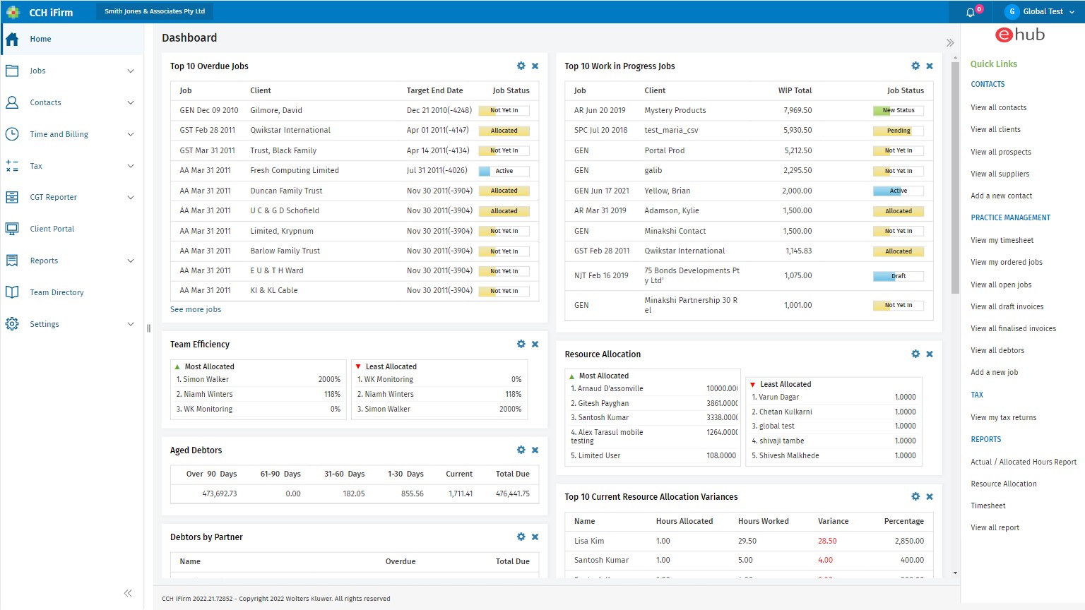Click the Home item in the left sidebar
[40, 39]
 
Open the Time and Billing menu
[59, 134]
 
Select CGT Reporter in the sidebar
[53, 197]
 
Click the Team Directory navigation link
[57, 292]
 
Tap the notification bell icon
[971, 12]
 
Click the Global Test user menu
[1042, 11]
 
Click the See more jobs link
[196, 309]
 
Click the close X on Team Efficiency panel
[535, 344]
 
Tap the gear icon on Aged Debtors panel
[521, 450]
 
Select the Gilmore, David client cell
[276, 110]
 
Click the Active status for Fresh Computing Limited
[504, 171]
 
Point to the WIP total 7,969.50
[798, 110]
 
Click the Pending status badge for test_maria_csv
[898, 131]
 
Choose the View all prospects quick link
[1000, 152]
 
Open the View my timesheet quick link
[1002, 240]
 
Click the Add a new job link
[994, 372]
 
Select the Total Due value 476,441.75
[512, 494]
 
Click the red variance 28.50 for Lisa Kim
[827, 541]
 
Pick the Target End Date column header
[434, 90]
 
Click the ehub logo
[1019, 35]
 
